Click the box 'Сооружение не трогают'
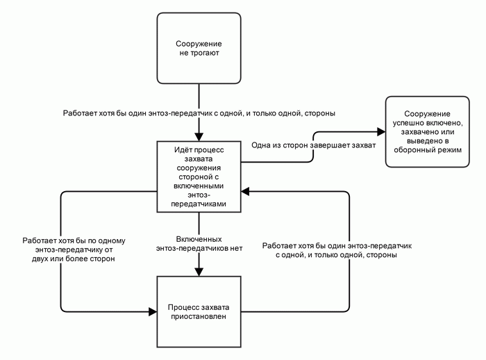point(199,48)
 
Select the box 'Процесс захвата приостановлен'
point(199,311)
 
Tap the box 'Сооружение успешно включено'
point(428,131)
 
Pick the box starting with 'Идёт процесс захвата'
point(199,177)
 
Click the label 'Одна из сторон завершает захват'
point(313,145)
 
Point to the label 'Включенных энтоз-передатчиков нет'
point(199,244)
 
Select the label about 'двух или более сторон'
point(74,249)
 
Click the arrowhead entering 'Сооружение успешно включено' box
point(381,131)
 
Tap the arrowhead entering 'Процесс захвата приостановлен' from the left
point(153,311)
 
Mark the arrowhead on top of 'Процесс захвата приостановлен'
point(199,272)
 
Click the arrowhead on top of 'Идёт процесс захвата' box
point(199,137)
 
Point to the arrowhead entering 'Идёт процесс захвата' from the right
point(246,192)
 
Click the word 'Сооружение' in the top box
point(199,44)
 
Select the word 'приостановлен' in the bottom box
point(199,316)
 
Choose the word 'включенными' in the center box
point(199,186)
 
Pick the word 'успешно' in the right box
point(408,123)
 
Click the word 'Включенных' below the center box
point(199,239)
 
